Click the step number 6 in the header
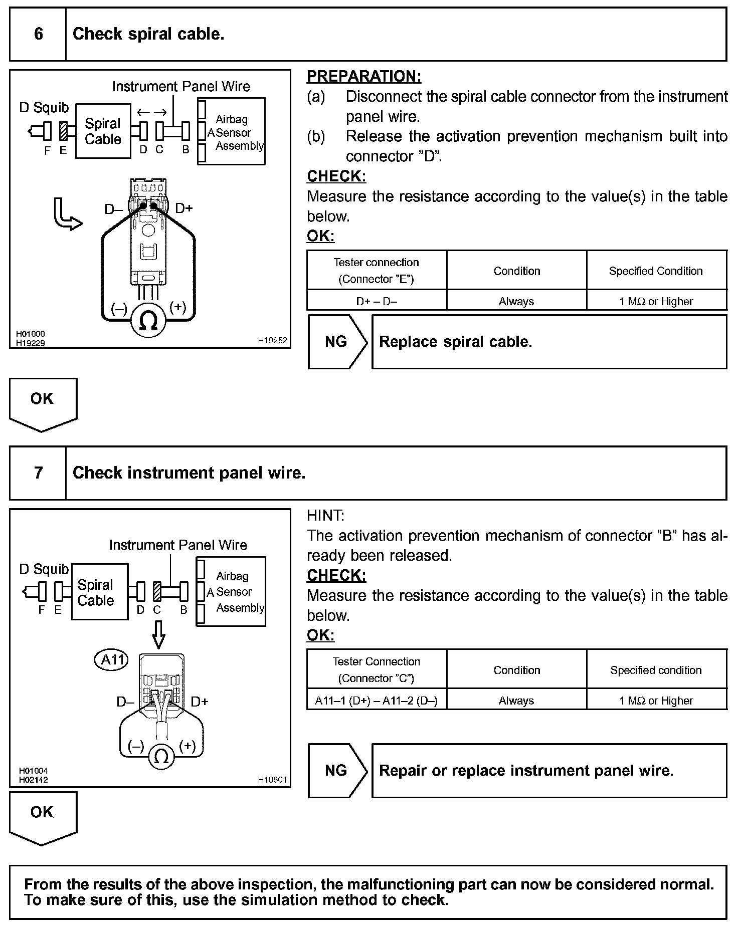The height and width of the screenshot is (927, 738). tap(38, 34)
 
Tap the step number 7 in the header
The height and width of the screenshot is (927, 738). tap(38, 473)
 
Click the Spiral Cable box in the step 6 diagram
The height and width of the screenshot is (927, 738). tap(103, 131)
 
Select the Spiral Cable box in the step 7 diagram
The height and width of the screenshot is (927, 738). tap(99, 592)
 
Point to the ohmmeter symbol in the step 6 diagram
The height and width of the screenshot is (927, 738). tap(148, 320)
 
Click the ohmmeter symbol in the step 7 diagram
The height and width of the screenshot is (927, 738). tap(161, 756)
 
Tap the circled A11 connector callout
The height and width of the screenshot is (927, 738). tap(112, 659)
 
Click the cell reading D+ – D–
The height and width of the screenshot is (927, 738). tap(377, 301)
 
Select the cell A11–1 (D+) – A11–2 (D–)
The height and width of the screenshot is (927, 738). tap(376, 701)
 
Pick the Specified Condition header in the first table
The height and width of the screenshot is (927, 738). tap(656, 271)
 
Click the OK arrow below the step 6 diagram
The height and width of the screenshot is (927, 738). tap(43, 404)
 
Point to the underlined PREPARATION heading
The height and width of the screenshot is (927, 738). tap(364, 76)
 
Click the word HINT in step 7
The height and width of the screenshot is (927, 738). tap(325, 515)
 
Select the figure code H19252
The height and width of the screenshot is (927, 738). tap(272, 340)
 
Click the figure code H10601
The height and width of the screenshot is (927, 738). tap(272, 779)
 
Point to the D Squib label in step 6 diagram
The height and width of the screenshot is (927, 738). tap(44, 108)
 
